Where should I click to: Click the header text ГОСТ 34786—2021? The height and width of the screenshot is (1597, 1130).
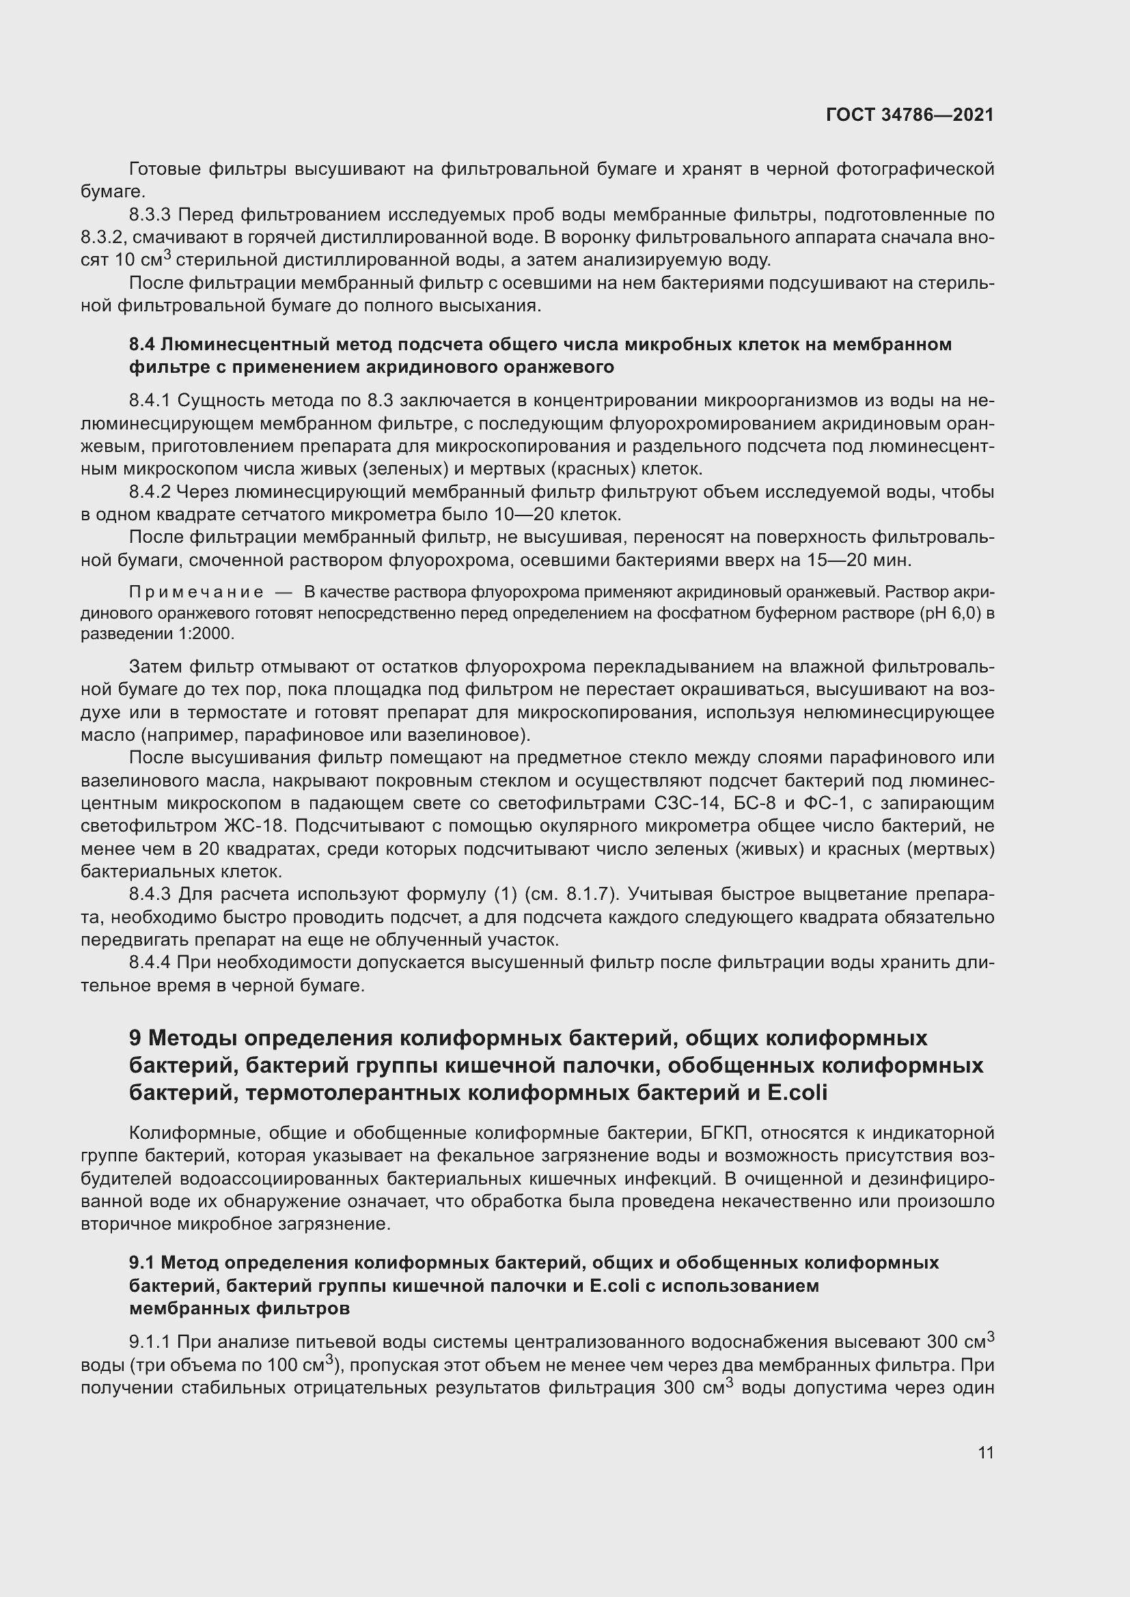pyautogui.click(x=909, y=115)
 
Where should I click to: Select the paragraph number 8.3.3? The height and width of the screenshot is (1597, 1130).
pyautogui.click(x=153, y=215)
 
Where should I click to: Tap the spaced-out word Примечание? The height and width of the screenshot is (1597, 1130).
pyautogui.click(x=196, y=592)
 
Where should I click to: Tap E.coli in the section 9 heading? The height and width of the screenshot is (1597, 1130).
pyautogui.click(x=797, y=1092)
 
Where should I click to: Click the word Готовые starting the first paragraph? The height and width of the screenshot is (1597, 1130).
pyautogui.click(x=165, y=169)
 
